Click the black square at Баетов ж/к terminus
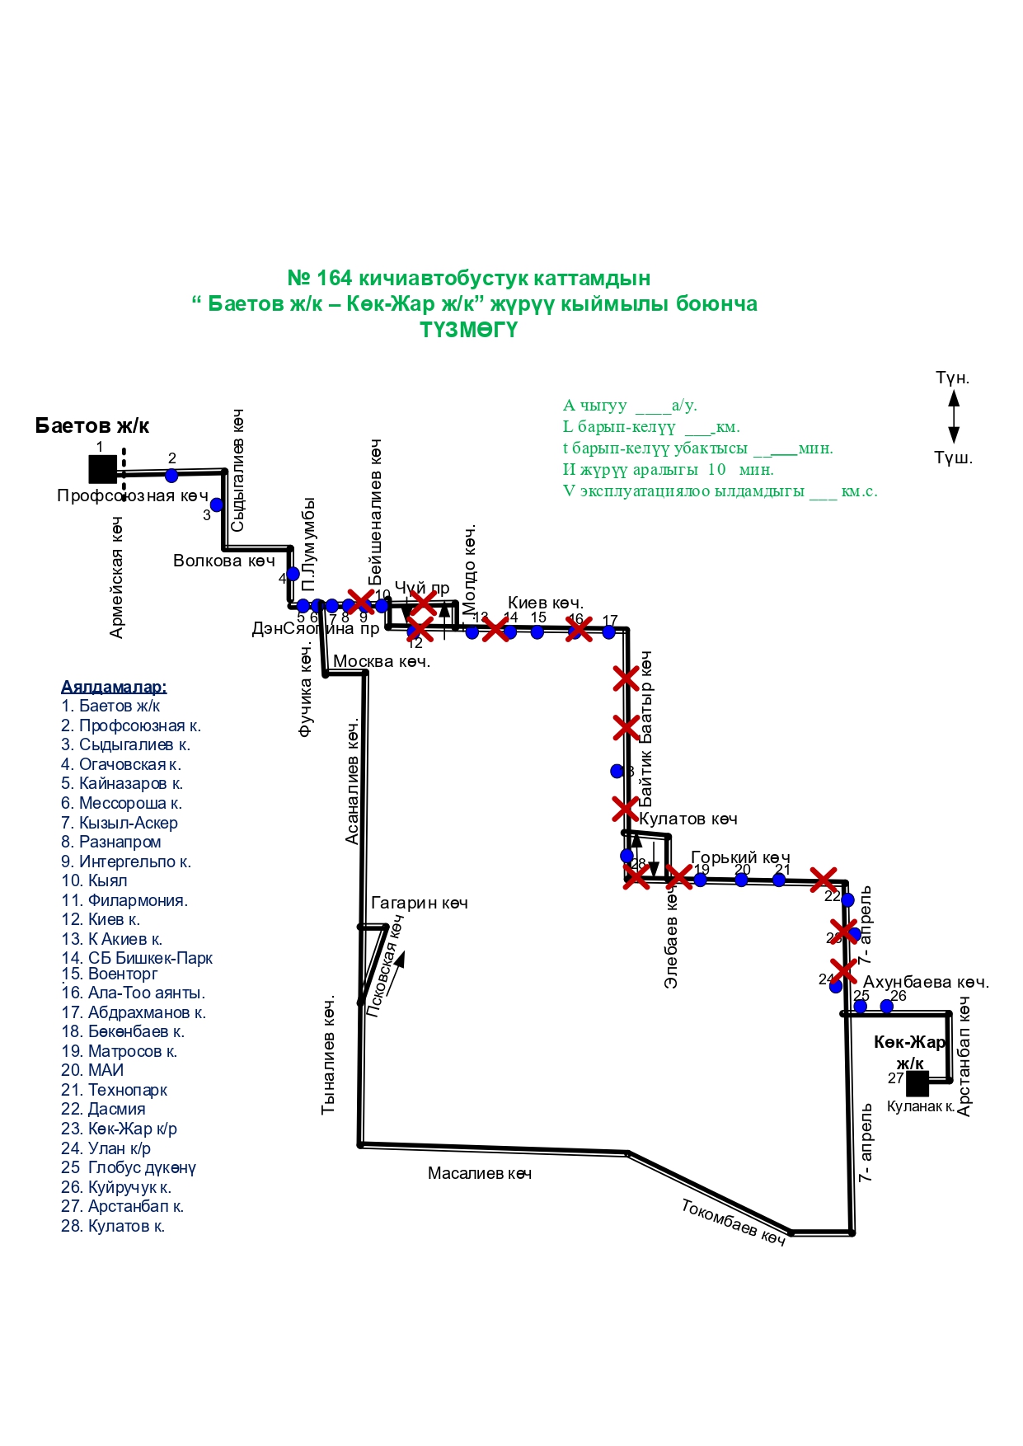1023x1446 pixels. [x=102, y=469]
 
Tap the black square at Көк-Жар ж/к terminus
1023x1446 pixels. [x=917, y=1083]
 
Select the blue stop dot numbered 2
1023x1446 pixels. [x=171, y=476]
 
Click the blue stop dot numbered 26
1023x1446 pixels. [x=887, y=1006]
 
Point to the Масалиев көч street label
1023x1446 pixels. [x=479, y=1173]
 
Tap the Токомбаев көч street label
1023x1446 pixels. [x=733, y=1223]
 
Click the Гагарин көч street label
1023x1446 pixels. [x=419, y=903]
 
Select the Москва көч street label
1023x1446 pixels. [x=381, y=661]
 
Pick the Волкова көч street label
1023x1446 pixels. [x=223, y=561]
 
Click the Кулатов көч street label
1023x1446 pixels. [x=687, y=819]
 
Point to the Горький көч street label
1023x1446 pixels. [x=739, y=857]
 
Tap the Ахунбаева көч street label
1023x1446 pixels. [x=925, y=982]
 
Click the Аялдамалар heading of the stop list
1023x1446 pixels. [x=114, y=687]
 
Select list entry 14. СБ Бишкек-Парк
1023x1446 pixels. [x=137, y=958]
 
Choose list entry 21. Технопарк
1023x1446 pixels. [x=114, y=1090]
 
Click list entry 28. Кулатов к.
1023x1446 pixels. [x=113, y=1226]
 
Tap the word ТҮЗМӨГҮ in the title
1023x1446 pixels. [x=468, y=330]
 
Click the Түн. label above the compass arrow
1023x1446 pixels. [x=952, y=378]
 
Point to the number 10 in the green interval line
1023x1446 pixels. [x=716, y=469]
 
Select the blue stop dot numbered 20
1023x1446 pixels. [x=741, y=880]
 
